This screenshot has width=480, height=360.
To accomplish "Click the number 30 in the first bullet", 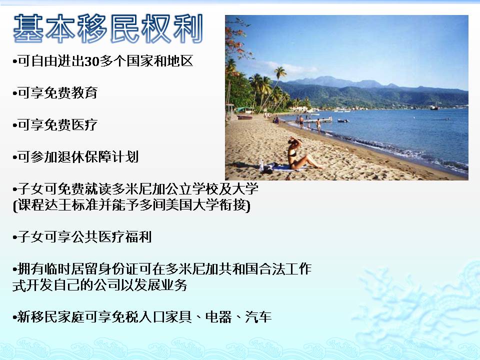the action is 92,61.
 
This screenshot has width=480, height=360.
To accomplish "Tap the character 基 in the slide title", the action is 29,28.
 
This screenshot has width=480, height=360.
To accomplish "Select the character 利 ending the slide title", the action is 187,28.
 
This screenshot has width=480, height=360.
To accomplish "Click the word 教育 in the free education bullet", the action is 84,93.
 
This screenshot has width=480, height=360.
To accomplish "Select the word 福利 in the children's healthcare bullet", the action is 138,236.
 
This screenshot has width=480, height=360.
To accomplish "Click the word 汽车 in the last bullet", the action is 258,317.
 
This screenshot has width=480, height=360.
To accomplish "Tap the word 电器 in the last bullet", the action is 218,317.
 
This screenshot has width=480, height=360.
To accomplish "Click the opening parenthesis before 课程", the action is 14,205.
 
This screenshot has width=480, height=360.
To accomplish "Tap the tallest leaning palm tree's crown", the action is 280,72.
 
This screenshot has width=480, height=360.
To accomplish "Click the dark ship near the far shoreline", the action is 434,107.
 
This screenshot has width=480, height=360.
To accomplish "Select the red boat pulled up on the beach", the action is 244,117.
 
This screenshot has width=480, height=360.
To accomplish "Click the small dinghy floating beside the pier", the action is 343,121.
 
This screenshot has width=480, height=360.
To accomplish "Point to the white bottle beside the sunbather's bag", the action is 261,165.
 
